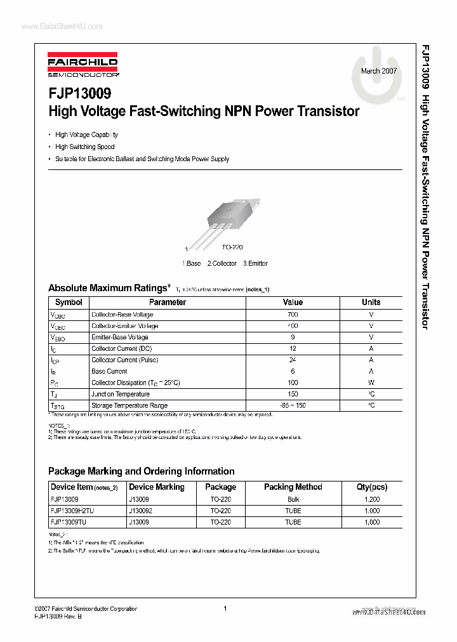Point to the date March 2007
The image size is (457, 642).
coord(379,71)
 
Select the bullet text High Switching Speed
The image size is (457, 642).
coord(85,147)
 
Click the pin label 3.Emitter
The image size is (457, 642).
coord(255,263)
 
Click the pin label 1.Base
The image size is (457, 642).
coord(192,263)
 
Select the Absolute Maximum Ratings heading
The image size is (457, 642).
coord(109,288)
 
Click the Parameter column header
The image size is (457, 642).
coord(168,303)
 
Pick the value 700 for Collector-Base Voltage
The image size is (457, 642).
coord(293,315)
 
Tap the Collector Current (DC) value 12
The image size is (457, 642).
coord(293,349)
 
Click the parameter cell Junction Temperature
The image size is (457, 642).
coord(117,394)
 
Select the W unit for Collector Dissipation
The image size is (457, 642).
coord(371,383)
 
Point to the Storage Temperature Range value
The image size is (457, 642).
coord(293,405)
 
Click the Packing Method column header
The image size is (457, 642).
coord(293,487)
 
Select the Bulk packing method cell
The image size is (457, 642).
coord(293,499)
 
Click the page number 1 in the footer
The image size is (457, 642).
coord(225,608)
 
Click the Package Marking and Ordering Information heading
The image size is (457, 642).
coord(142,471)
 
